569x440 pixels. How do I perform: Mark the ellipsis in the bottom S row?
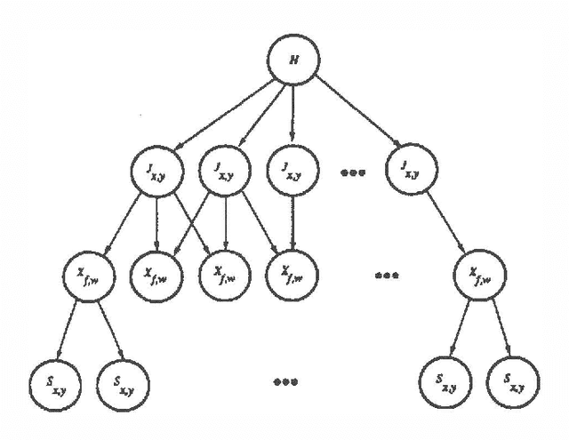(284, 382)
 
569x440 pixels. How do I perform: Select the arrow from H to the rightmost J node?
(354, 111)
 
